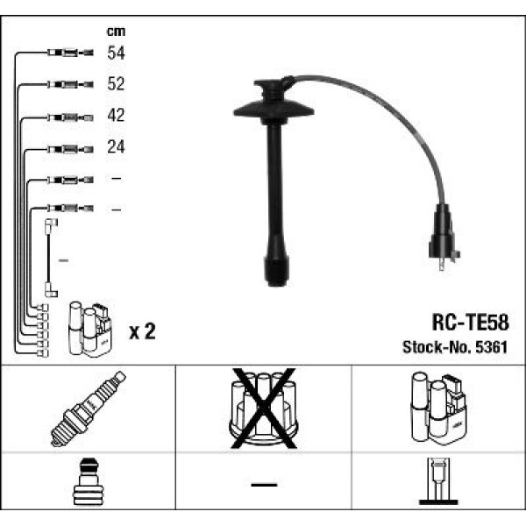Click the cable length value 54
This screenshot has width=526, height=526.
click(x=116, y=53)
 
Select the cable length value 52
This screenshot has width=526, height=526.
click(x=116, y=84)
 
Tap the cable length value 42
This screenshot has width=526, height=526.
click(x=116, y=116)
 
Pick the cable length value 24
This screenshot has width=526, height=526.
click(x=116, y=147)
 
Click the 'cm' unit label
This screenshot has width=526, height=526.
click(x=115, y=32)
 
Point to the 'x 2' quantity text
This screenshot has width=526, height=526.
click(x=142, y=331)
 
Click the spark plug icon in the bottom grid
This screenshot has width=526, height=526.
click(x=89, y=409)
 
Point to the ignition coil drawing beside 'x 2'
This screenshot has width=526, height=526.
click(x=90, y=329)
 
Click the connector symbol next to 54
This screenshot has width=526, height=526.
click(x=67, y=53)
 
